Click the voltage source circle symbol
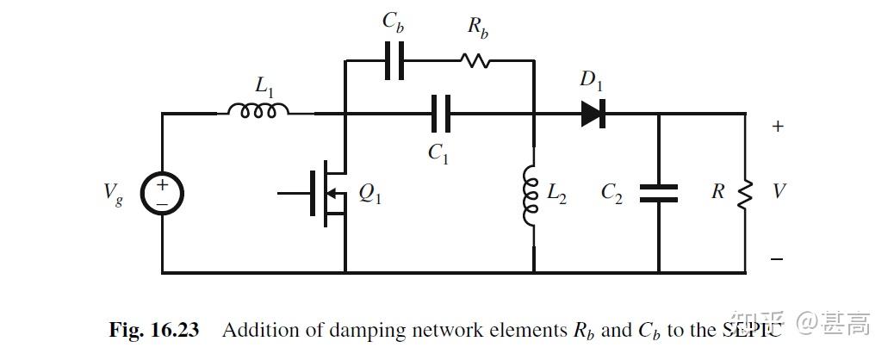point(162,192)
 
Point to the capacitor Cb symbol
point(394,61)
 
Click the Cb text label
point(393,24)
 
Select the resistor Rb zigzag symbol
point(475,61)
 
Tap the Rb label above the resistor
point(478,27)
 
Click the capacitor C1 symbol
point(440,113)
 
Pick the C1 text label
point(438,153)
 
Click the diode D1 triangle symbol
point(593,113)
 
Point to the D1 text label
point(591,81)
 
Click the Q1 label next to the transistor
point(370,196)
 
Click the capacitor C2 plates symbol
point(659,193)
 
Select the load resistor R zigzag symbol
point(745,192)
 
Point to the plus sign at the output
point(778,127)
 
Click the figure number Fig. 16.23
point(154,330)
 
